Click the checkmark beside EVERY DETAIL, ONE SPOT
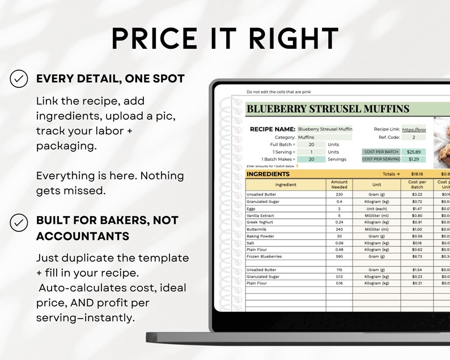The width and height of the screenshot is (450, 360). pyautogui.click(x=19, y=79)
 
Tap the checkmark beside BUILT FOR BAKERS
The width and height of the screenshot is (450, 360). pyautogui.click(x=19, y=221)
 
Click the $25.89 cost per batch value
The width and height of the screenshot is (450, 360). pyautogui.click(x=411, y=152)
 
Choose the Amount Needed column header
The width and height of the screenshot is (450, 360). pyautogui.click(x=339, y=184)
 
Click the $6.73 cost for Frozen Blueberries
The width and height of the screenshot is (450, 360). pyautogui.click(x=416, y=256)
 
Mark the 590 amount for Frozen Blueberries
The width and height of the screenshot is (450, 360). pyautogui.click(x=339, y=256)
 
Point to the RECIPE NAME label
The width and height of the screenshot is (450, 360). pyautogui.click(x=273, y=129)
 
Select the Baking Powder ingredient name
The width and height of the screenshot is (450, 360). pyautogui.click(x=261, y=235)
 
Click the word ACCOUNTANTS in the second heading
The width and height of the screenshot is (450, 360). pyautogui.click(x=82, y=236)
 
